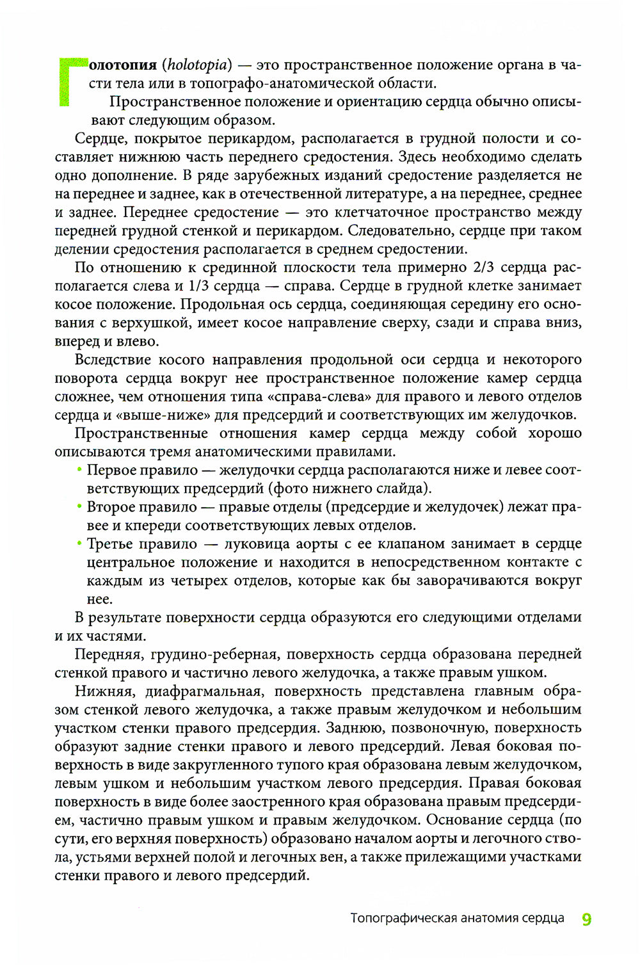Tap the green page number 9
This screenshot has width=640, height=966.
pyautogui.click(x=586, y=919)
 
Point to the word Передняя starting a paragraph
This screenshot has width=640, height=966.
pyautogui.click(x=106, y=654)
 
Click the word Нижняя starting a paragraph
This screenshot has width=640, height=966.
pyautogui.click(x=102, y=691)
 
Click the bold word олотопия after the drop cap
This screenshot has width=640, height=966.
pyautogui.click(x=122, y=65)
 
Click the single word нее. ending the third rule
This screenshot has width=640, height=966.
pyautogui.click(x=99, y=600)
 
